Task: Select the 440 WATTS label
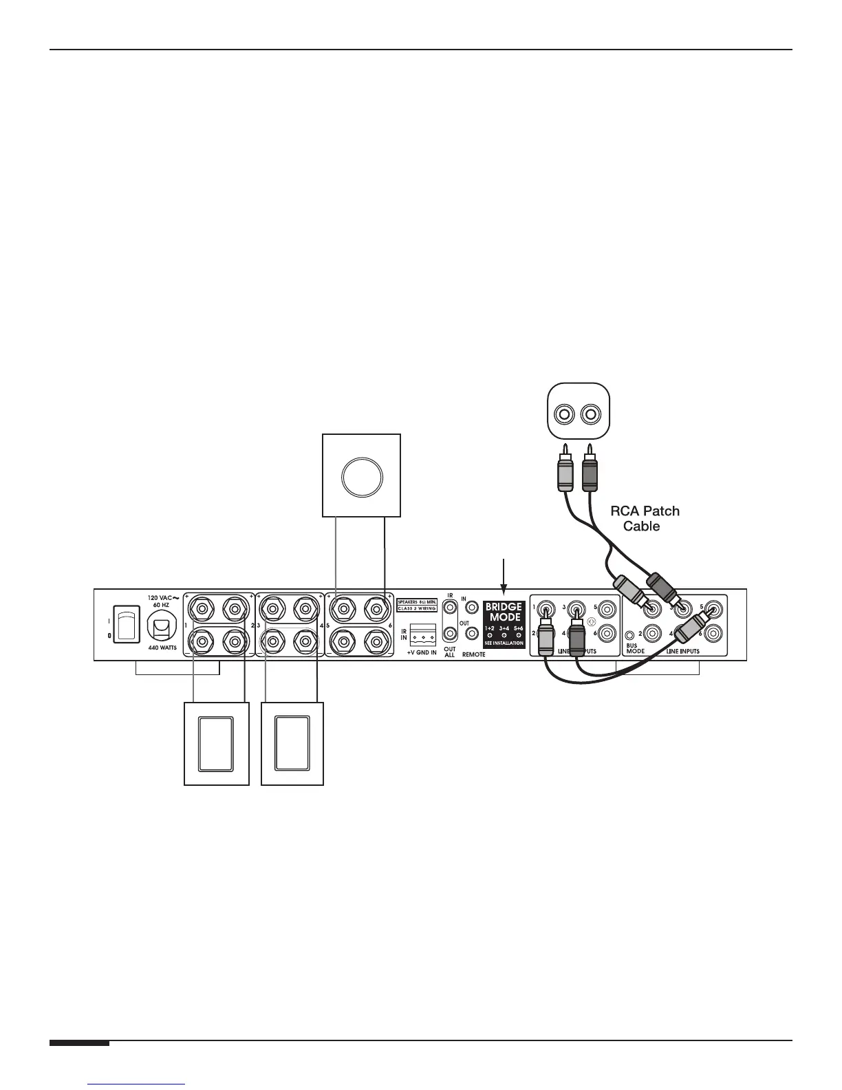(x=163, y=648)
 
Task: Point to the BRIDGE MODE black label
(x=504, y=624)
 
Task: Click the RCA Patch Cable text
(x=645, y=519)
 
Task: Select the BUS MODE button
(x=629, y=634)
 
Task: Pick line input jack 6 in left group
(x=607, y=633)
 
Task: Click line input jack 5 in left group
(x=607, y=608)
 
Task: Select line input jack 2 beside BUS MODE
(x=650, y=633)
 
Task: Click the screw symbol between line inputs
(x=592, y=621)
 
